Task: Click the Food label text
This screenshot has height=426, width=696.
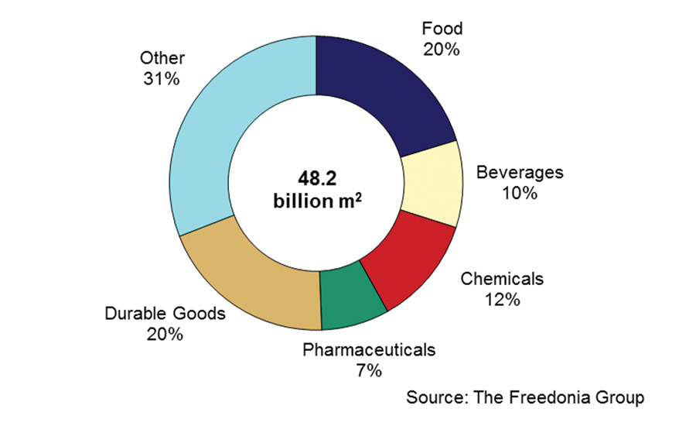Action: click(442, 29)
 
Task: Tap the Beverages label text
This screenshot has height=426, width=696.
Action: click(519, 172)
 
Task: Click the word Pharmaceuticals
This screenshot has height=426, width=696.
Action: click(369, 349)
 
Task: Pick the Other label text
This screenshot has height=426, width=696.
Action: click(161, 57)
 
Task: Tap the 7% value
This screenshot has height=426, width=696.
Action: click(369, 371)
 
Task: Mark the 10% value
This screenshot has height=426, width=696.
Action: click(519, 193)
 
